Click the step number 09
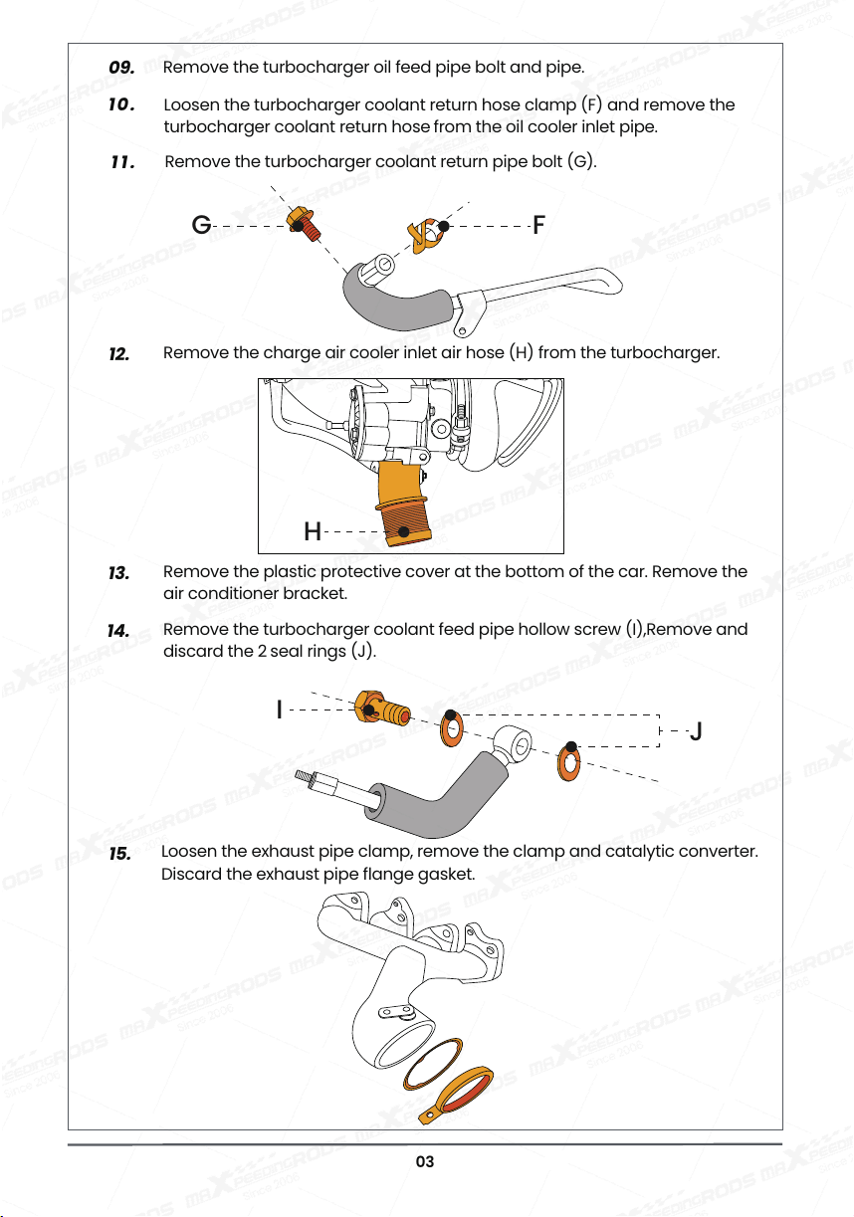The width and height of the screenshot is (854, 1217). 121,68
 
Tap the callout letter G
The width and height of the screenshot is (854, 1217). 201,224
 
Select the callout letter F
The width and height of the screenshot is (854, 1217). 538,225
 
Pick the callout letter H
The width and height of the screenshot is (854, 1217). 312,531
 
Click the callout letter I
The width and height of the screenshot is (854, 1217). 280,710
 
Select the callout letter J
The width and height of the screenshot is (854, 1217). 696,731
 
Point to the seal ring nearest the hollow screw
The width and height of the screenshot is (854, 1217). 452,728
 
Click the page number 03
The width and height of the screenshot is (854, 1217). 425,1161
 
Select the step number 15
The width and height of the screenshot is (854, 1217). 119,854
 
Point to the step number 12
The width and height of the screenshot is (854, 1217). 119,354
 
